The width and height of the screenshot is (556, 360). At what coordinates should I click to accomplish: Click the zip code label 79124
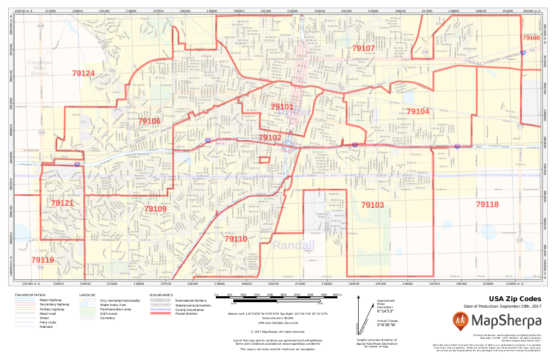tap(83, 74)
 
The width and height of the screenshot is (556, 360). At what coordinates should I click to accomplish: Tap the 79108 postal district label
tap(531, 38)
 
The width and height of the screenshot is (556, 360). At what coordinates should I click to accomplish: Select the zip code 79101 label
tap(282, 107)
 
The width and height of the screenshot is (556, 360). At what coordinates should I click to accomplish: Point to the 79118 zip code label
tap(487, 205)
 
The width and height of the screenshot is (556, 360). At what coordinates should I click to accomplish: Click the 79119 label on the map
tap(43, 260)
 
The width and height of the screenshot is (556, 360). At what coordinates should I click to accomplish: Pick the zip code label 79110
tap(235, 239)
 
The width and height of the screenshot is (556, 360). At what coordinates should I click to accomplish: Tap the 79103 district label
tap(372, 205)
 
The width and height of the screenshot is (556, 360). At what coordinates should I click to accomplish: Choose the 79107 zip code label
tap(363, 49)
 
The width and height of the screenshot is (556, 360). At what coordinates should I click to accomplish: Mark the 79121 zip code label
tap(62, 203)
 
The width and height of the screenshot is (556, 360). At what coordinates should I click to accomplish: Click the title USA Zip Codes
tap(515, 299)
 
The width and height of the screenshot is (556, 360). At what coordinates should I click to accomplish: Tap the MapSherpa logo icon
tap(461, 321)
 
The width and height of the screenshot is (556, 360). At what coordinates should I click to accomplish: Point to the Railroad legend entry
tap(46, 327)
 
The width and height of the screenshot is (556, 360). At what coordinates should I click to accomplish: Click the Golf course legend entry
tap(109, 313)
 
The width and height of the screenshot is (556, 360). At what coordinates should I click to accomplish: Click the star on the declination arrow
tap(359, 298)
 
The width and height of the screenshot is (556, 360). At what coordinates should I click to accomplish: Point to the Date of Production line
tap(503, 306)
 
